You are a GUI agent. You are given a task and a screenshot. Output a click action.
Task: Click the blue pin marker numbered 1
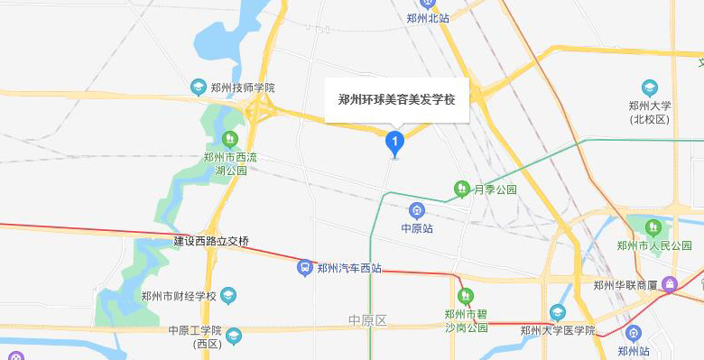[394, 142]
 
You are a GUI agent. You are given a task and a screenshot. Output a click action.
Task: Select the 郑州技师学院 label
[243, 88]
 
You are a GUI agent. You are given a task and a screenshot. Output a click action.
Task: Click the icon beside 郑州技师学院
[199, 88]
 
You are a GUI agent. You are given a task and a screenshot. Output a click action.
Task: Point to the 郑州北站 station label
[428, 17]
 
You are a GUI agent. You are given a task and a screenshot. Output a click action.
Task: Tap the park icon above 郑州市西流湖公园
[229, 139]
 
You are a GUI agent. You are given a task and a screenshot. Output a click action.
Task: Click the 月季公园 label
[496, 189]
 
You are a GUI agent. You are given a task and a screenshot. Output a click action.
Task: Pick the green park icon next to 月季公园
[461, 189]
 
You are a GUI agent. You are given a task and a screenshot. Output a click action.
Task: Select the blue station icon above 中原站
[417, 210]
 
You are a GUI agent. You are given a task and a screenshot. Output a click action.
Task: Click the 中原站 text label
[417, 228]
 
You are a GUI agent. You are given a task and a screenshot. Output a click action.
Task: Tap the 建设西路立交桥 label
[211, 241]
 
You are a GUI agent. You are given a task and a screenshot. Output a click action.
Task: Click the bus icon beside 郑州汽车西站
[305, 267]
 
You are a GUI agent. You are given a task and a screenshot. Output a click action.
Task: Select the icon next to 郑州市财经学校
[228, 295]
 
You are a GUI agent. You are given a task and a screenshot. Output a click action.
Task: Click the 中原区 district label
[367, 320]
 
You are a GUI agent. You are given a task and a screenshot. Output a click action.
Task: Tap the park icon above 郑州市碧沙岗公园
[466, 295]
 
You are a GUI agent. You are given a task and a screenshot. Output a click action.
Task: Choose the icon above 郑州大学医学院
[557, 312]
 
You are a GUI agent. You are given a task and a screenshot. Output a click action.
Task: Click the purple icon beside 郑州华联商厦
[670, 285]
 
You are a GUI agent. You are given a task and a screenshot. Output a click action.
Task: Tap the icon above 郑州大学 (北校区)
[650, 88]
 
